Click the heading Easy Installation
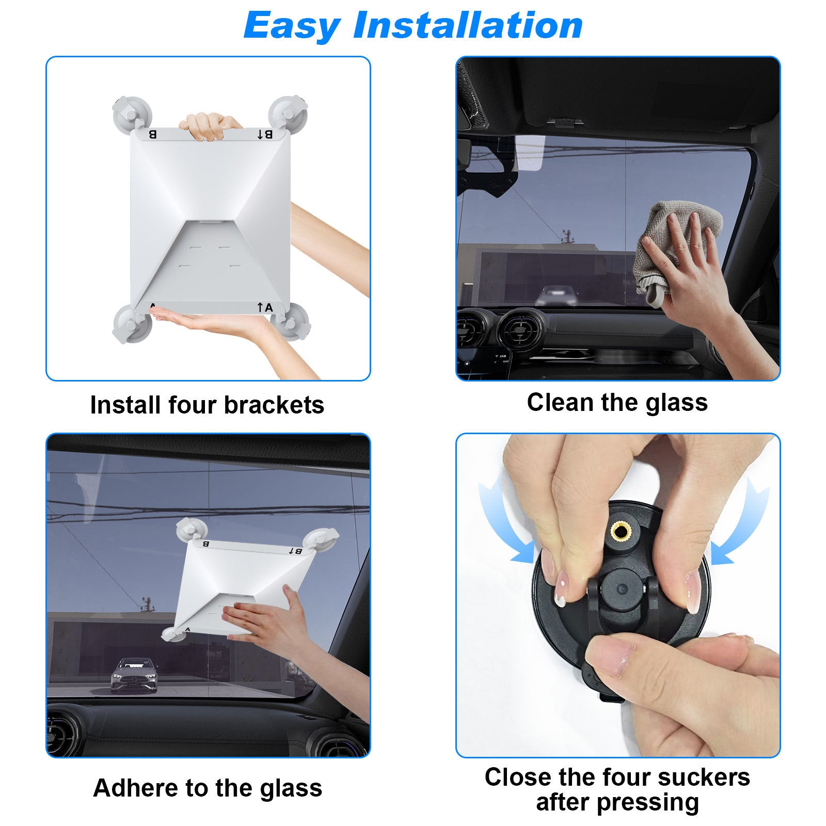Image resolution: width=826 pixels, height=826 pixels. pyautogui.click(x=413, y=25)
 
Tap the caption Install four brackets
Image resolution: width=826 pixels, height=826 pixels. pyautogui.click(x=207, y=405)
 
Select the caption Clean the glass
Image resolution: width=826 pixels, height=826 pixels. pyautogui.click(x=617, y=402)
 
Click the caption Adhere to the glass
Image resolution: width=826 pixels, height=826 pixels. pyautogui.click(x=208, y=788)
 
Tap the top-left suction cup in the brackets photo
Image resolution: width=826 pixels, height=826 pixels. pyautogui.click(x=132, y=114)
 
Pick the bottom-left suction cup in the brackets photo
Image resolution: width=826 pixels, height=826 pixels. pyautogui.click(x=132, y=324)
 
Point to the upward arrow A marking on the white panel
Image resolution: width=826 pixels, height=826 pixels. pyautogui.click(x=265, y=308)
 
